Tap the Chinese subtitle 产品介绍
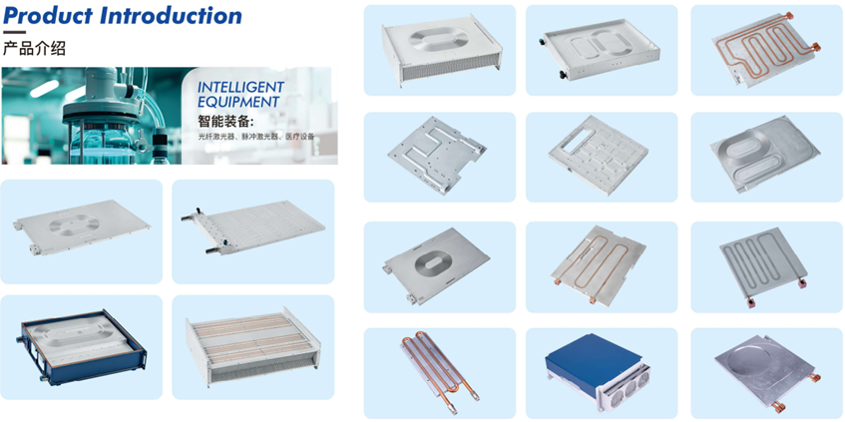35,48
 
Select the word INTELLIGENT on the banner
240,87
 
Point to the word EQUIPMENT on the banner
238,102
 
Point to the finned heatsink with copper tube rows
253,346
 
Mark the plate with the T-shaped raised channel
437,155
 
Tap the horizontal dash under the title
14,32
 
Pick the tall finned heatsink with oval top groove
442,51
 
